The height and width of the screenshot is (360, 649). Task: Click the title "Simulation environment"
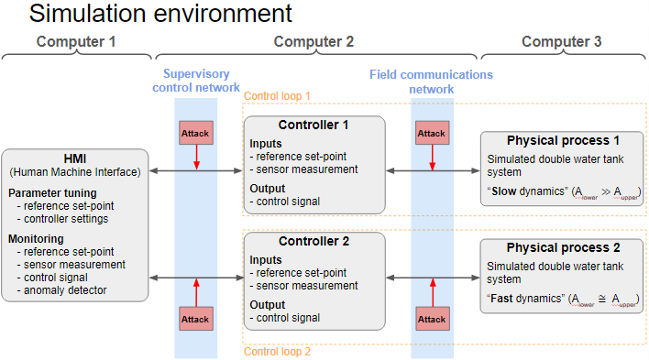click(160, 14)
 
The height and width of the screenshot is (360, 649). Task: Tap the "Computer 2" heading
click(313, 41)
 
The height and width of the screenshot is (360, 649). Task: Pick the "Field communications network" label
click(431, 82)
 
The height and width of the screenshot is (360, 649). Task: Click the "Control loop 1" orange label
click(278, 95)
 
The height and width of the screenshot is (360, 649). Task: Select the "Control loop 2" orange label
click(278, 350)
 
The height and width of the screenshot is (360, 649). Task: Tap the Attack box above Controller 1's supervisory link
click(195, 133)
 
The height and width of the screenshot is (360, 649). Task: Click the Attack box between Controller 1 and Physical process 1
click(432, 133)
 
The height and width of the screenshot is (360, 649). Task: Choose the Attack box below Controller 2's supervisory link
click(195, 320)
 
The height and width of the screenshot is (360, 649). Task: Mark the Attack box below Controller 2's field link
click(432, 320)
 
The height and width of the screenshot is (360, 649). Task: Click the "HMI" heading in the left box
click(74, 158)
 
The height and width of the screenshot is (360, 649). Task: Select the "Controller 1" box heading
click(313, 124)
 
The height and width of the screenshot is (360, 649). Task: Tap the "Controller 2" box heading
click(313, 242)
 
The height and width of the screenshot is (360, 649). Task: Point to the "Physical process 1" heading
click(563, 140)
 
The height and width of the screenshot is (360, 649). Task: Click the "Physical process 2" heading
click(563, 247)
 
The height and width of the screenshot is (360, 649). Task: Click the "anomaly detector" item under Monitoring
click(66, 290)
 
